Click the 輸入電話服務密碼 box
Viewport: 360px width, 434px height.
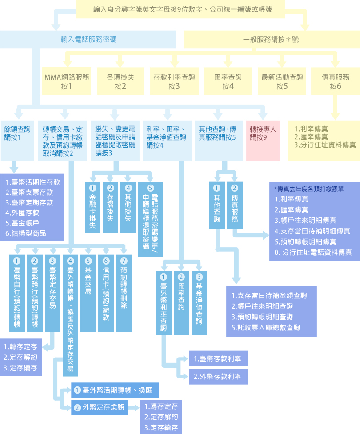pos(88,39)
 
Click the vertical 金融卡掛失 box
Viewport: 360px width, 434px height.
pos(92,207)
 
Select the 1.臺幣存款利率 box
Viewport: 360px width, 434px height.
pos(217,359)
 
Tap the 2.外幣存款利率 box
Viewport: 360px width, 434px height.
pos(217,377)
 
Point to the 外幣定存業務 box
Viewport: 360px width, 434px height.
pos(100,407)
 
